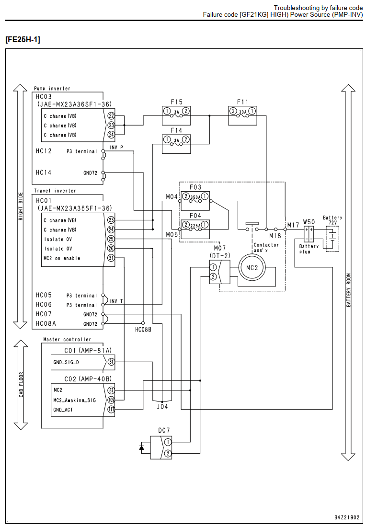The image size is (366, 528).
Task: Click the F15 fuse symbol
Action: (x=176, y=115)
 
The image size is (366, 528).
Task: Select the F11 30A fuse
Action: (x=242, y=115)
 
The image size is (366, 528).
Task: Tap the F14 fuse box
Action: (x=176, y=144)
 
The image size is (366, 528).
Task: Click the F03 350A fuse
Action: (x=195, y=201)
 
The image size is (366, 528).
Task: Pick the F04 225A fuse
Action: (x=195, y=230)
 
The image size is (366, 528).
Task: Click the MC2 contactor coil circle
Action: (x=252, y=268)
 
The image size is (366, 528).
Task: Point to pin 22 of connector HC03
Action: (x=111, y=116)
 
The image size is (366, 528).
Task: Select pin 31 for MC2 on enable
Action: (x=111, y=258)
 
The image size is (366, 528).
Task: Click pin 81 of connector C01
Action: (x=111, y=362)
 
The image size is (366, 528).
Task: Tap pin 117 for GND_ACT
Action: (x=111, y=410)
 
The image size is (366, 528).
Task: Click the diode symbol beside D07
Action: (x=142, y=448)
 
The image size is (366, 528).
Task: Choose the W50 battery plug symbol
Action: (x=309, y=234)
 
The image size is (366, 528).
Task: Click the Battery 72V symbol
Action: (x=332, y=239)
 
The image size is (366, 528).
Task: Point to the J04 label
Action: (x=162, y=407)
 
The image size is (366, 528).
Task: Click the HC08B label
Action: (x=143, y=330)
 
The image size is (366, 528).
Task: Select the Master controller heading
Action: (x=67, y=339)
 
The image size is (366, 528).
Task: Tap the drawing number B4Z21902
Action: (x=346, y=517)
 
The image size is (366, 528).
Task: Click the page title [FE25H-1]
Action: (x=23, y=39)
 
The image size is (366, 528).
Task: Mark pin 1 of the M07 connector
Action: (x=213, y=267)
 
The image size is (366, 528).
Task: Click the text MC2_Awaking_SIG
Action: (x=74, y=400)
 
